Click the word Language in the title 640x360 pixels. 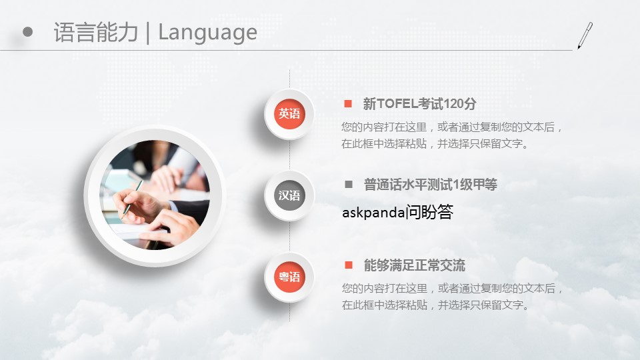coord(207,33)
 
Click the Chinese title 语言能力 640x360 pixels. coord(96,32)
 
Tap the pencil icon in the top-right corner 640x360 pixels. coord(585,36)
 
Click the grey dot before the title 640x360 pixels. coord(27,32)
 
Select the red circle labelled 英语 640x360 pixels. coord(289,113)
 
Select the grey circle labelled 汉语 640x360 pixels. coord(289,195)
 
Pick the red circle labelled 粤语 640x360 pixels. coord(289,277)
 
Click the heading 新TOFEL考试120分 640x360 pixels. coord(419,104)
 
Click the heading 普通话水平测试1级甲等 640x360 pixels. coord(431,185)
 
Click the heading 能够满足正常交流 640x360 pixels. coord(414,265)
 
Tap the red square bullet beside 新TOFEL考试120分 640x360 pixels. coord(348,104)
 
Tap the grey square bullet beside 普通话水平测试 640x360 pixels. coord(349,185)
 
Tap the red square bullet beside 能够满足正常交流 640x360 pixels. coord(349,265)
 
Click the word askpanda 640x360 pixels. coord(373,213)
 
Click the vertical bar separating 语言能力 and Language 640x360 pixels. coord(148,33)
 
